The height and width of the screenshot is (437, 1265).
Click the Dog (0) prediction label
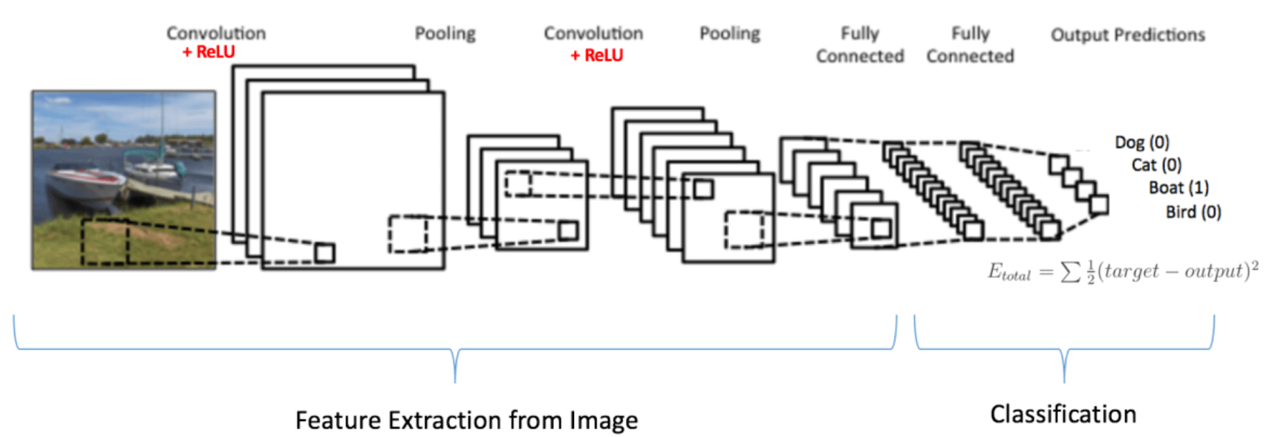click(x=1142, y=142)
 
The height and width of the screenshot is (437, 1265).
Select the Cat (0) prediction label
click(x=1156, y=165)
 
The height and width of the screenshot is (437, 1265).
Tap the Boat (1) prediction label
click(x=1178, y=188)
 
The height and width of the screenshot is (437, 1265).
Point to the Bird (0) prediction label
click(x=1193, y=212)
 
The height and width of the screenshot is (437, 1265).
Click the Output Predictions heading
click(x=1127, y=35)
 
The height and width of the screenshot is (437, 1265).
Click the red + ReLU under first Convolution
click(x=208, y=52)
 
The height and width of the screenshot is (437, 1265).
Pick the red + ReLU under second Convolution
click(x=596, y=55)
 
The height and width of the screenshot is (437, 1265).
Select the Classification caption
click(x=1063, y=414)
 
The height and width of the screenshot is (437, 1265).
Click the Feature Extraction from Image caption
click(x=466, y=420)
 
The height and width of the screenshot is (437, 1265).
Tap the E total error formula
click(x=1122, y=271)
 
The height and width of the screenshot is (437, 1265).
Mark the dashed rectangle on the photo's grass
click(x=105, y=242)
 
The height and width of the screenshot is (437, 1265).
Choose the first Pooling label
click(x=445, y=33)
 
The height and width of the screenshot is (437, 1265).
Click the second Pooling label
click(x=729, y=33)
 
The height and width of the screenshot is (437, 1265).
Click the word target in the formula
click(x=1131, y=271)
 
